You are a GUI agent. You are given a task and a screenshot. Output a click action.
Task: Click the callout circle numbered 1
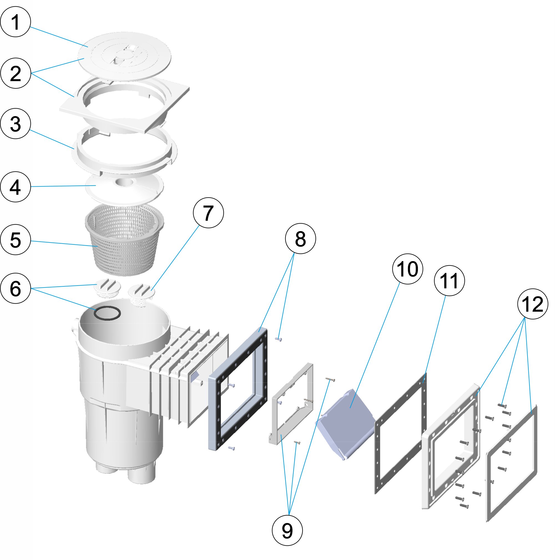[16, 22]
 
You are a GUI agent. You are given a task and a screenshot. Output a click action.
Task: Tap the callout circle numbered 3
[16, 124]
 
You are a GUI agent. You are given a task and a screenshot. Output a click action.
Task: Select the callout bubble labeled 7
[208, 213]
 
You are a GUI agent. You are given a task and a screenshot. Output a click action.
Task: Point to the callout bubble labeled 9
[287, 531]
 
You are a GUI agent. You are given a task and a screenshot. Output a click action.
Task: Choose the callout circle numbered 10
[407, 269]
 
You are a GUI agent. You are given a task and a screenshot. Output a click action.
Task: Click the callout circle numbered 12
[533, 304]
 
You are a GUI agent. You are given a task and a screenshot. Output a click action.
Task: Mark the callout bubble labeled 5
[16, 240]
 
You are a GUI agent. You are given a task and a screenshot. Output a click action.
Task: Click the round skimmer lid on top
[125, 56]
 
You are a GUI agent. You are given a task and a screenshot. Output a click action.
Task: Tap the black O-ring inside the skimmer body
[107, 314]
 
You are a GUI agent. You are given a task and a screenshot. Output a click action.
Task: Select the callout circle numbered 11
[449, 281]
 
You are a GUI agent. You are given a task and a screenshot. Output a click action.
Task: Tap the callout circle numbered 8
[300, 239]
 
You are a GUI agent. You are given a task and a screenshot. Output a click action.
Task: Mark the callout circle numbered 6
[16, 288]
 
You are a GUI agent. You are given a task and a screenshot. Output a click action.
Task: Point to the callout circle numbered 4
[16, 187]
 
